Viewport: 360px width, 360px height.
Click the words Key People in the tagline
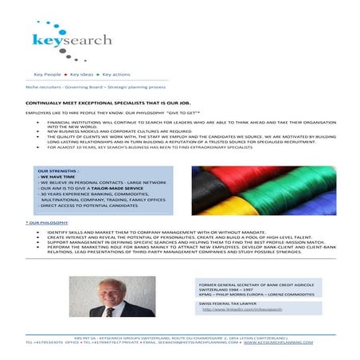tap(47, 72)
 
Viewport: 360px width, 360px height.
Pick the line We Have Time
tap(58, 177)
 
